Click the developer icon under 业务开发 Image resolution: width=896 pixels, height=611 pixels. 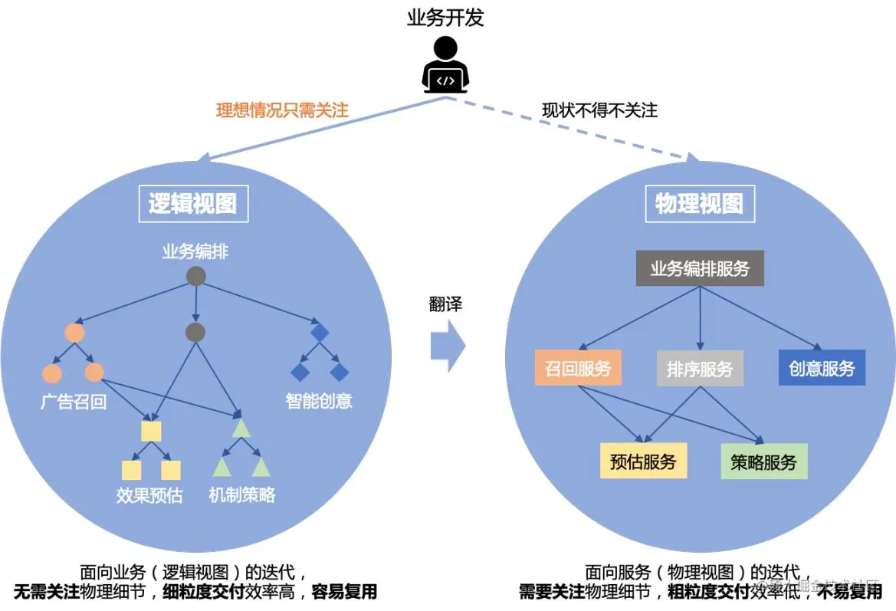tap(445, 65)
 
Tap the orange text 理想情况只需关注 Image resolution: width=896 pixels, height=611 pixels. tap(282, 110)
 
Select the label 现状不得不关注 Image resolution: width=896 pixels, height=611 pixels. tap(599, 110)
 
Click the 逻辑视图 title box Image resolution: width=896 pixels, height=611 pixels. tap(192, 203)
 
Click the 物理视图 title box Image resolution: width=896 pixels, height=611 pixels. tap(699, 203)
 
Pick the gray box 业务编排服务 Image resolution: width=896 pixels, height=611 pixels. tap(700, 269)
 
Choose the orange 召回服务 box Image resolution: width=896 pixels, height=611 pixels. tap(578, 368)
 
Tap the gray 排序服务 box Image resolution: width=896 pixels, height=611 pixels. tap(700, 369)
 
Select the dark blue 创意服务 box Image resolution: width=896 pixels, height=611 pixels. tap(822, 368)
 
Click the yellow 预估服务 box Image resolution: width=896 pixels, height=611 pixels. tap(644, 462)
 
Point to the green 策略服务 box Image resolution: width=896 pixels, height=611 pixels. tap(764, 462)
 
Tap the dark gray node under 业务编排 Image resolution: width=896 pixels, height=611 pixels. tap(195, 275)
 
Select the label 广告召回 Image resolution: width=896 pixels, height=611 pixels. tap(74, 402)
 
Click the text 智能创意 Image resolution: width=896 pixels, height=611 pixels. tap(319, 401)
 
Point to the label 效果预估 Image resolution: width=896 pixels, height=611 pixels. tap(150, 495)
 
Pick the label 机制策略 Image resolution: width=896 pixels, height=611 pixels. tap(242, 495)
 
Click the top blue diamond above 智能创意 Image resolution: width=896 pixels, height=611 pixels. tap(319, 333)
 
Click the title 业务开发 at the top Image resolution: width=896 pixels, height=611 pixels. tap(445, 18)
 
